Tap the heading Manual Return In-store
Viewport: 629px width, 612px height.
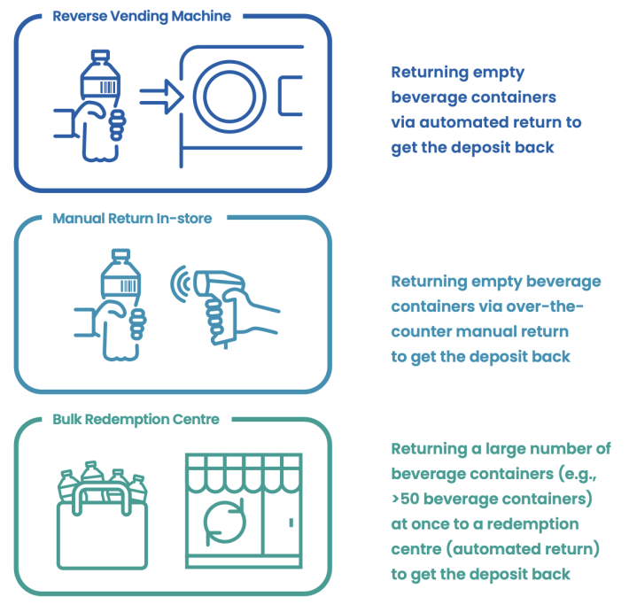point(132,218)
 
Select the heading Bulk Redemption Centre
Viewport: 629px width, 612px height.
point(136,419)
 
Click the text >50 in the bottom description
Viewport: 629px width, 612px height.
point(408,500)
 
